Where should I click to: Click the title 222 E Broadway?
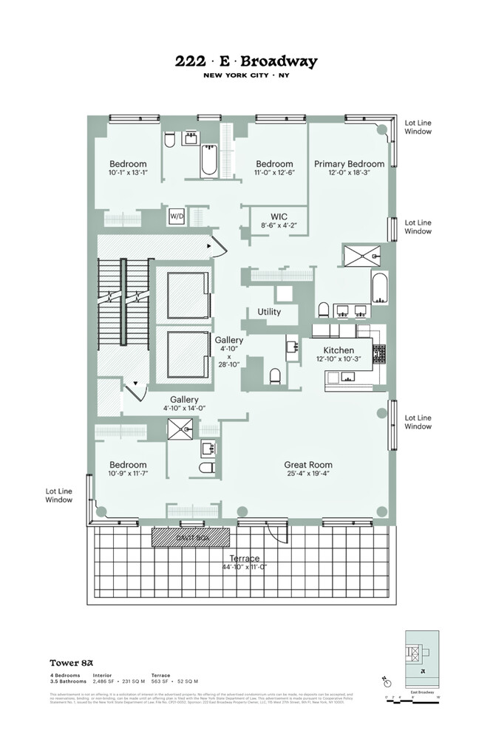(246, 62)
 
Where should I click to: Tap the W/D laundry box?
(177, 216)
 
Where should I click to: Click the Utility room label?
(269, 312)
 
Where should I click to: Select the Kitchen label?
(339, 350)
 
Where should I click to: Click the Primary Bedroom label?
(349, 164)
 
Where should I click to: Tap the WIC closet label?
(278, 217)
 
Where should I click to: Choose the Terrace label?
(244, 559)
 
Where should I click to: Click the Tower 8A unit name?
(70, 663)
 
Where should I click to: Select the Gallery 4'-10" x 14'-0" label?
(185, 399)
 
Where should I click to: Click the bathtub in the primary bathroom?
(379, 289)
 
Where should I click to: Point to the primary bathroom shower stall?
(362, 256)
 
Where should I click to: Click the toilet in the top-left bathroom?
(169, 140)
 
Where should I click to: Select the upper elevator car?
(188, 296)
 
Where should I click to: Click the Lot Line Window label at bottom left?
(59, 495)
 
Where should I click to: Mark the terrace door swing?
(276, 534)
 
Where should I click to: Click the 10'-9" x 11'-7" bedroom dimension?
(128, 473)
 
